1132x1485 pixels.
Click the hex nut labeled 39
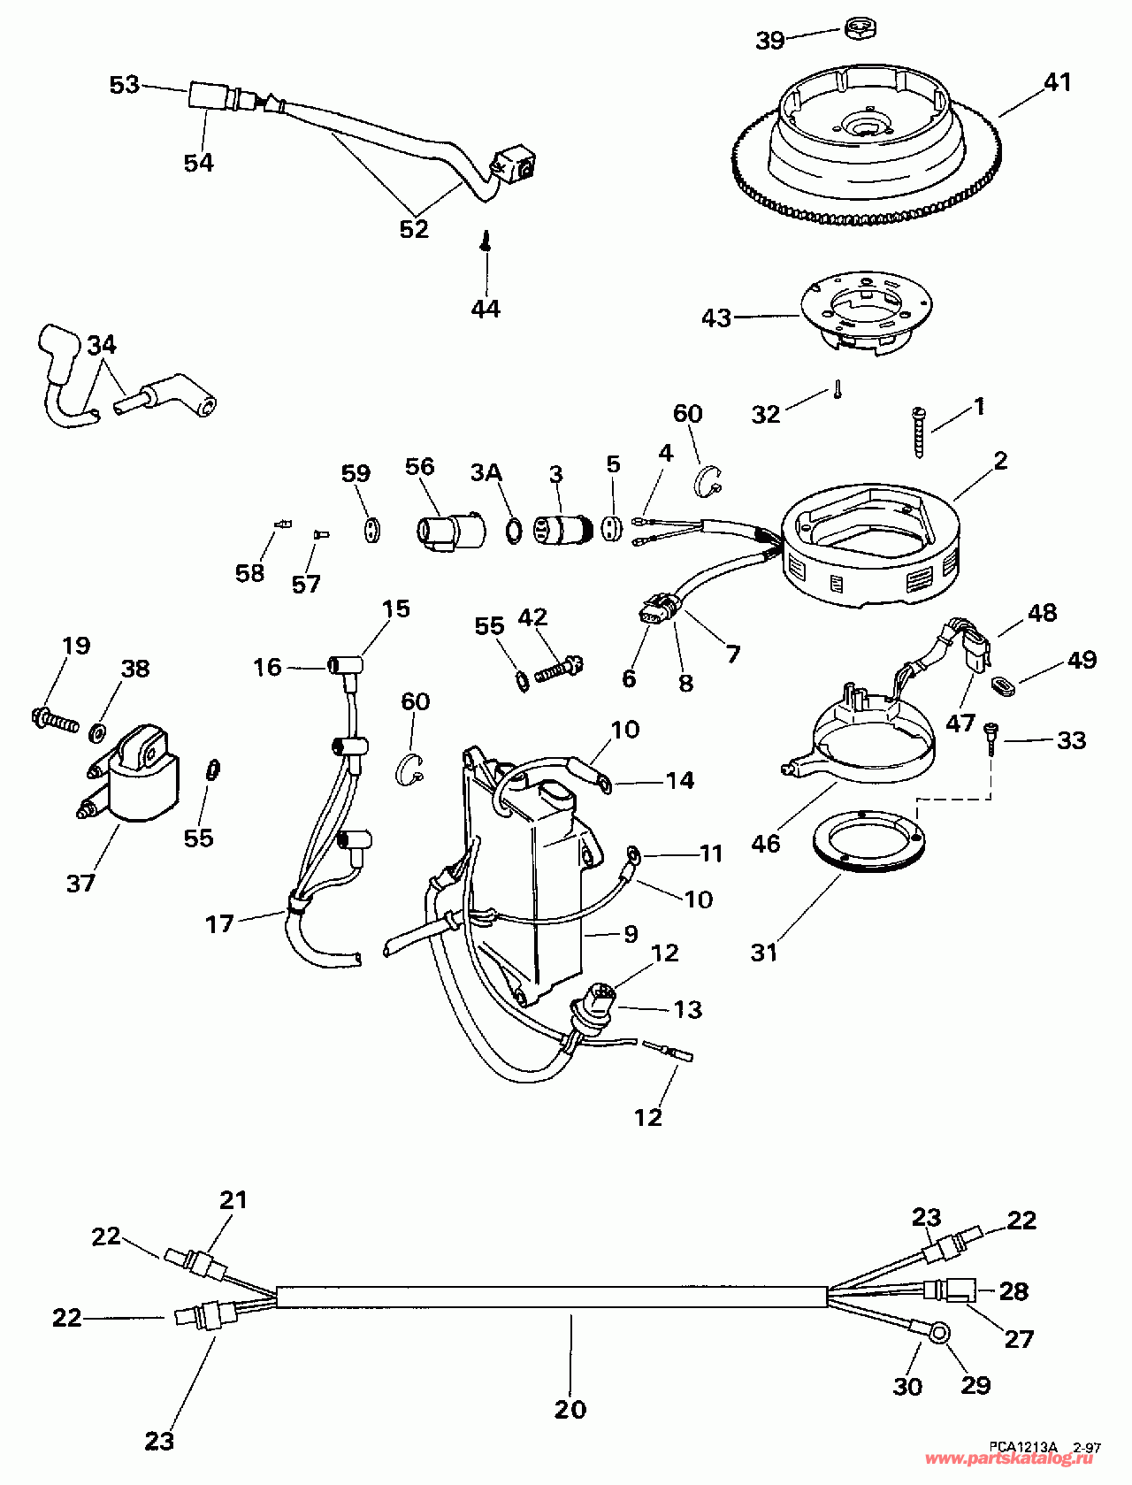[x=854, y=28]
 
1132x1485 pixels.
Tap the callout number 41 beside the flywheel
[x=1057, y=82]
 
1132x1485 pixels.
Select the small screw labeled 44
[x=486, y=241]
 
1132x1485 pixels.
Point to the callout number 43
[x=716, y=318]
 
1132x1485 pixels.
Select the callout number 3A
[x=486, y=473]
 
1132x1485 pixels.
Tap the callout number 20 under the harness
[x=570, y=1409]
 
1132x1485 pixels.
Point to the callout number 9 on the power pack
[x=631, y=934]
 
